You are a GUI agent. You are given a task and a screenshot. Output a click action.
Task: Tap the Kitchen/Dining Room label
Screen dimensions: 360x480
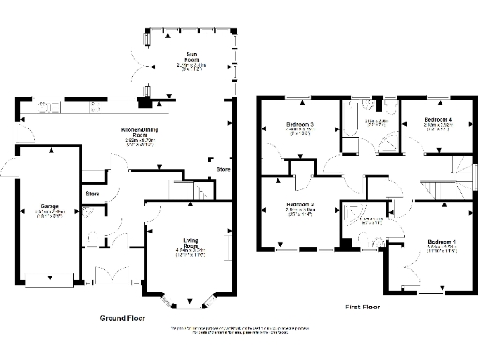click(x=142, y=132)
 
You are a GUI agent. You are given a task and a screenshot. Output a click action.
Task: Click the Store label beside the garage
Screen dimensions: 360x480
click(x=93, y=194)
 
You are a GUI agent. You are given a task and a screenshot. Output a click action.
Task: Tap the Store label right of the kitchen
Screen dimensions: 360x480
click(x=223, y=169)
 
